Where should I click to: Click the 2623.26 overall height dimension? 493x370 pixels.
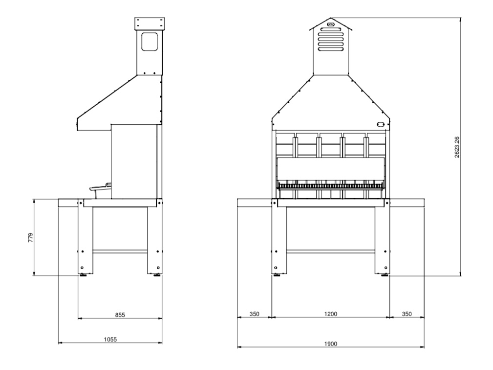[x=457, y=147]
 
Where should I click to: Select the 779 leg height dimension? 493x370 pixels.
[x=30, y=237]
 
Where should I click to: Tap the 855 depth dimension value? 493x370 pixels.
[x=120, y=315]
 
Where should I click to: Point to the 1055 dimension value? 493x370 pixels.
[x=110, y=339]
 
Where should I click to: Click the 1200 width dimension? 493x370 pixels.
[x=330, y=314]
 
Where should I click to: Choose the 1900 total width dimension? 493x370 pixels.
[x=330, y=344]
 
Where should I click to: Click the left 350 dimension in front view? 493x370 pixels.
[x=255, y=314]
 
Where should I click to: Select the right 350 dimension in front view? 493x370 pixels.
[x=407, y=314]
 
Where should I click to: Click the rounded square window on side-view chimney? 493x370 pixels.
[x=149, y=42]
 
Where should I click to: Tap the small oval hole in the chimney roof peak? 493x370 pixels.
[x=331, y=24]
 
